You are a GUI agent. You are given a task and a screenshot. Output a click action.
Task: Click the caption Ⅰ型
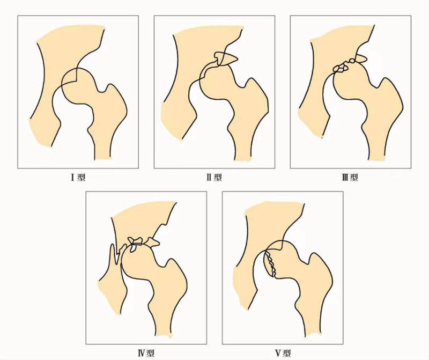tap(78, 178)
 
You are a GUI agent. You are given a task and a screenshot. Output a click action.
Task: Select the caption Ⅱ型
tap(214, 178)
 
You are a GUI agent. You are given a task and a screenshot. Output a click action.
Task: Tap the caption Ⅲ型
tap(350, 178)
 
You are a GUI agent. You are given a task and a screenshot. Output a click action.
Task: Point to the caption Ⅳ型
tap(146, 354)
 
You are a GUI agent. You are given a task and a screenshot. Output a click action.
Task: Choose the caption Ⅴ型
tap(283, 354)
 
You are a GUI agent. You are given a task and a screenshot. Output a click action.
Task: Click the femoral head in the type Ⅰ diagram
tap(78, 85)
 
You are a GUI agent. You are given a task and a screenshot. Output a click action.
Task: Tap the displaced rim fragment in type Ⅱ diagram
tap(226, 58)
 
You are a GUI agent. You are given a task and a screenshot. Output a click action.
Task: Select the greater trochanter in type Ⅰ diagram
tap(114, 98)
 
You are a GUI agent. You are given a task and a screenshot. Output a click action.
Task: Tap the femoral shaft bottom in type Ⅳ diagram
tap(164, 331)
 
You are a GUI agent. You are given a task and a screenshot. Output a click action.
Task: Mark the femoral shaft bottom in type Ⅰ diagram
tap(103, 153)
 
